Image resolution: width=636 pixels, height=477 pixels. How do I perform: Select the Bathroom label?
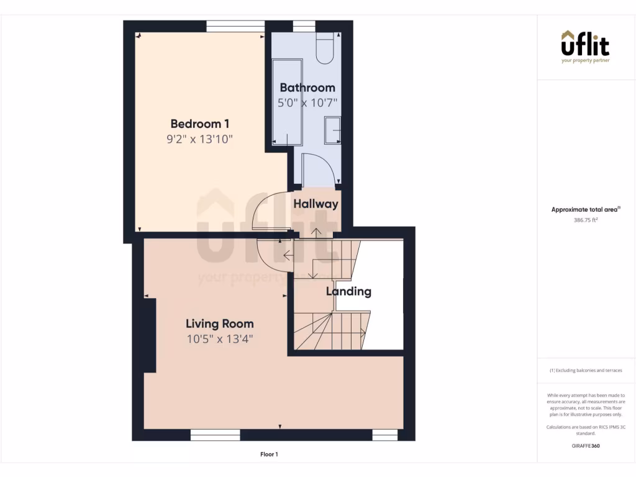pos(307,88)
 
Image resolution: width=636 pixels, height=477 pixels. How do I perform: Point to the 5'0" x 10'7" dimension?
pos(307,102)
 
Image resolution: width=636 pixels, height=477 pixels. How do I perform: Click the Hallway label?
pos(316,204)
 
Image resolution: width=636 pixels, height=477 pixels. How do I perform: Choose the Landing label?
pos(348,291)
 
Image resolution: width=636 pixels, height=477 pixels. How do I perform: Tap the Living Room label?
pos(220,324)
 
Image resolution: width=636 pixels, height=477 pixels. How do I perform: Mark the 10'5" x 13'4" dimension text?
pos(220,339)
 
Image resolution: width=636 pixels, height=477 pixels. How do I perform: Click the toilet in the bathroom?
pos(325,48)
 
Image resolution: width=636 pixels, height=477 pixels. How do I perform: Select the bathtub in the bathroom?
pos(287,102)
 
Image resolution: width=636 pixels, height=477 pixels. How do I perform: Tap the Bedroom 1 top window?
pos(235,25)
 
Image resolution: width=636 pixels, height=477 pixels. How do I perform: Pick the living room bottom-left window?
pos(215,435)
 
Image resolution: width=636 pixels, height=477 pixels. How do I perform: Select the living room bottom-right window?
pos(384,435)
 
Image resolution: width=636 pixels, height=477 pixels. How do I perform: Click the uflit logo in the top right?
pos(586,47)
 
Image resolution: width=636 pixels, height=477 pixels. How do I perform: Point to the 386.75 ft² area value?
pos(585,220)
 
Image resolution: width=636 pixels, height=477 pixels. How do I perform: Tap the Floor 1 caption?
pos(269,455)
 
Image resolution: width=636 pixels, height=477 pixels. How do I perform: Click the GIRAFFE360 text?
pos(585,445)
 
